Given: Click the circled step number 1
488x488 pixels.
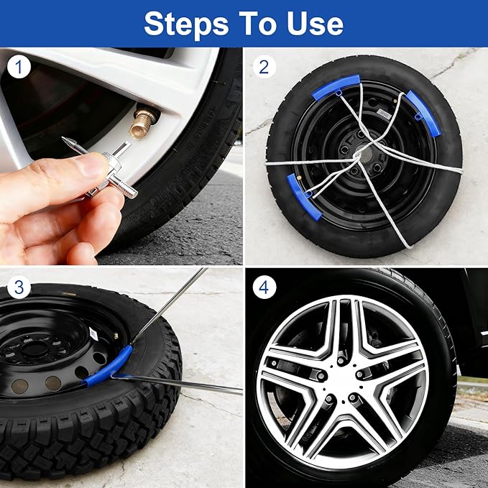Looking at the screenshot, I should (x=19, y=68).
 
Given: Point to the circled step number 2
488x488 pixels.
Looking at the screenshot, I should (x=264, y=68).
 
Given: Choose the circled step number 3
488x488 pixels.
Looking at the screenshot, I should (x=19, y=288).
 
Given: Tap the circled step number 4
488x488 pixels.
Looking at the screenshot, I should (x=264, y=288).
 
